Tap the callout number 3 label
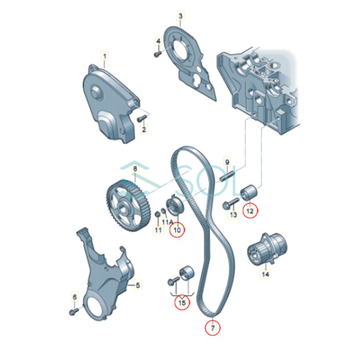(x=180, y=16)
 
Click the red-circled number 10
(x=177, y=230)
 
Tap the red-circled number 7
(x=213, y=327)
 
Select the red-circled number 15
(x=182, y=303)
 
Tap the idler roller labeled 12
(x=249, y=192)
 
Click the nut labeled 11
(x=157, y=216)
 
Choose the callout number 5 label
(x=137, y=285)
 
